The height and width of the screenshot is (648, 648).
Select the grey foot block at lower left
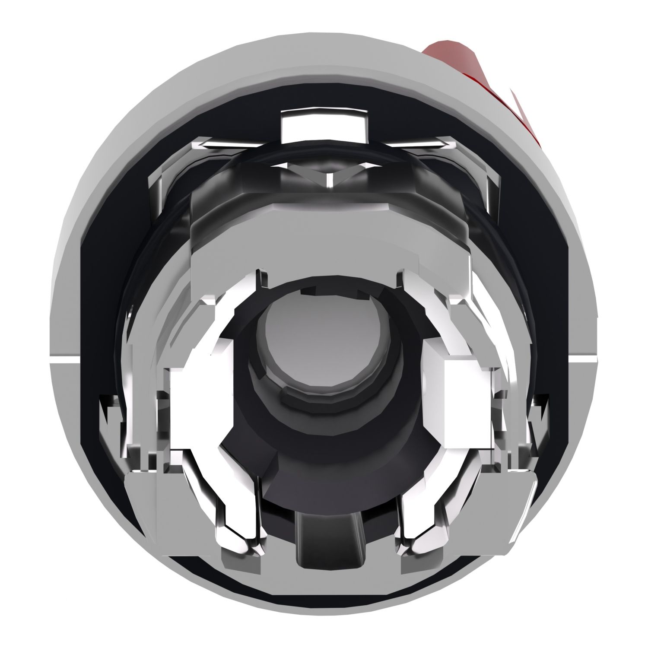[143, 497]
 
